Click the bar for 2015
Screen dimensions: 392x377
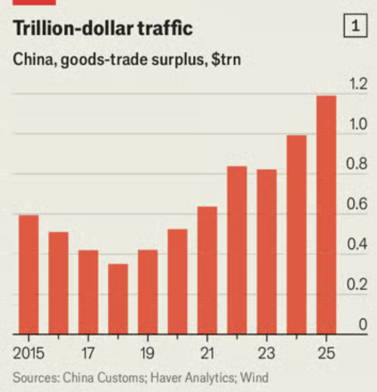[29, 274]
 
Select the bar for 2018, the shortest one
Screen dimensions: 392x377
[118, 298]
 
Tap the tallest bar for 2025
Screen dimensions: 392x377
[326, 215]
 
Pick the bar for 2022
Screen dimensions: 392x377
[236, 250]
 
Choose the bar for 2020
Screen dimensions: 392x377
[177, 281]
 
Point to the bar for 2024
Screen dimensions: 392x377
[296, 234]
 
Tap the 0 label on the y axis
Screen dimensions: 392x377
[362, 325]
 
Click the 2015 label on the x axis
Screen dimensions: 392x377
[29, 353]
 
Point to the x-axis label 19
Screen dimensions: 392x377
[147, 353]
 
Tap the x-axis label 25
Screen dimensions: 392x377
[326, 353]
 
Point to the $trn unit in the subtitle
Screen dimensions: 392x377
[226, 59]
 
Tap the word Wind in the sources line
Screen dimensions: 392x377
[254, 377]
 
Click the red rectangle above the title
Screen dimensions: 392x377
[34, 2]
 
